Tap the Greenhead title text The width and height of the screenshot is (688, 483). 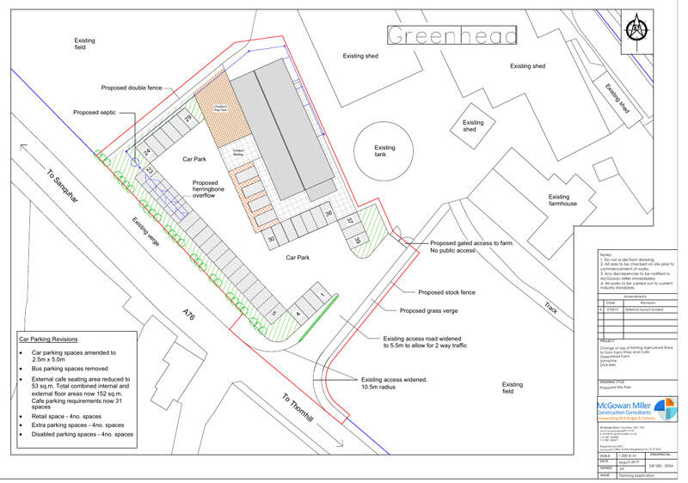[x=452, y=35]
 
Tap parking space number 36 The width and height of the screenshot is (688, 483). [x=329, y=213]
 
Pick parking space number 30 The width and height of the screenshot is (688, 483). [x=272, y=239]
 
